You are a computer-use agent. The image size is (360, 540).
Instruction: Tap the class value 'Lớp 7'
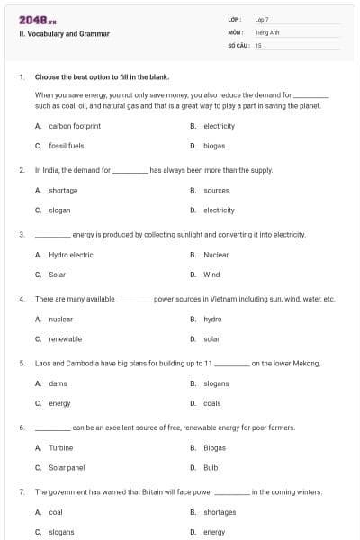click(262, 19)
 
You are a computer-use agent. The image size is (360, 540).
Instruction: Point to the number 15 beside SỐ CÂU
click(258, 44)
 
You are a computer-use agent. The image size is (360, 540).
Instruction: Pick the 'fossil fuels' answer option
click(66, 145)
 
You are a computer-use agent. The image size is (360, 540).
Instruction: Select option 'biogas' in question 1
click(214, 145)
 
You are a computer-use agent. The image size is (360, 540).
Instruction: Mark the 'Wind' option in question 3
click(211, 274)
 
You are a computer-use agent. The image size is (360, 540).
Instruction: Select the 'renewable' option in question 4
click(65, 338)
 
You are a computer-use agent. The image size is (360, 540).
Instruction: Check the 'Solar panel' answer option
click(67, 467)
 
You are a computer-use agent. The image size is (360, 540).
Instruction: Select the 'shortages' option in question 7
click(220, 512)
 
